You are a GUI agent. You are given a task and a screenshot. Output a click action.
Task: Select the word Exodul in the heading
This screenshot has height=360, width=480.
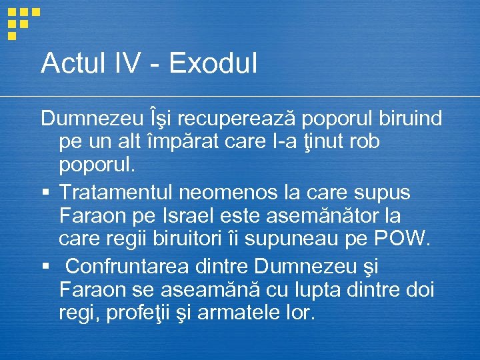pos(213,63)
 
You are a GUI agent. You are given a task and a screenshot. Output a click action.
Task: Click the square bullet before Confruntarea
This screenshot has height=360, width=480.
pos(45,267)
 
